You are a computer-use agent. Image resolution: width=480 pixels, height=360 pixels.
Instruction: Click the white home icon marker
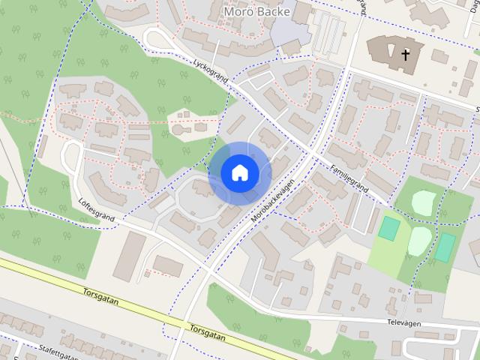coord(240,172)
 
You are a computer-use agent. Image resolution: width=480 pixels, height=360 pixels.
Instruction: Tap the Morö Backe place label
coord(256,11)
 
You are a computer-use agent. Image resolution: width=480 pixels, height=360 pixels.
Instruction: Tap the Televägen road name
coord(403,323)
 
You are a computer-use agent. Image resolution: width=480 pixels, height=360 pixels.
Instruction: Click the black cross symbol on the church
coord(406,54)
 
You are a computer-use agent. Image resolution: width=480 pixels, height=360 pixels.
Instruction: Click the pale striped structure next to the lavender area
coord(327,34)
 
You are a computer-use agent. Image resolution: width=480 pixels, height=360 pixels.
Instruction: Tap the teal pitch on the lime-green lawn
coord(388,228)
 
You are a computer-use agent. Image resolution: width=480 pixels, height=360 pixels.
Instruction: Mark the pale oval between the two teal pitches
coord(420,241)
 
